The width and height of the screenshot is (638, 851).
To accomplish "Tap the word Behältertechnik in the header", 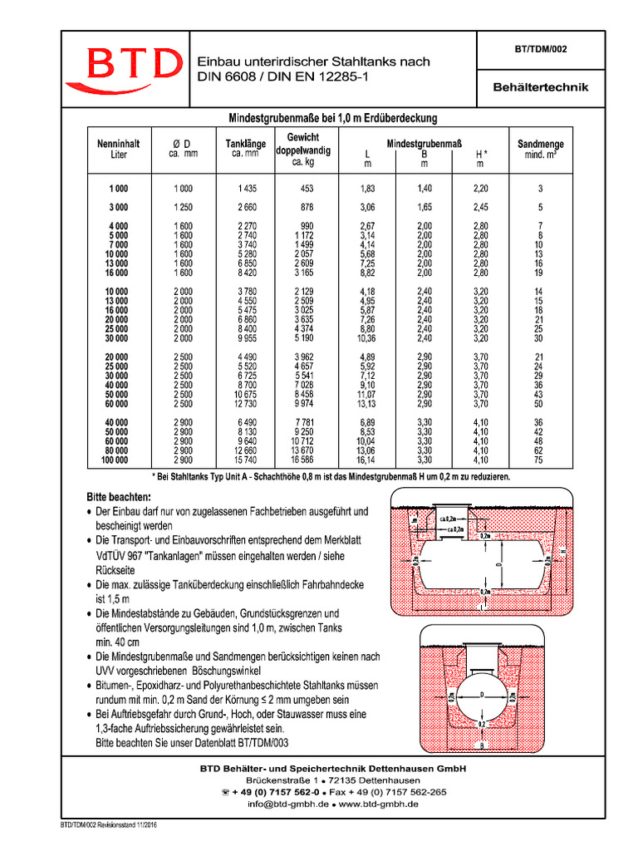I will tap(541, 86).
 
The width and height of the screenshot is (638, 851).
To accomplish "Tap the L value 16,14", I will tap(367, 460).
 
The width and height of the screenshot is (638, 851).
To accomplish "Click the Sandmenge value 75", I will tap(539, 460).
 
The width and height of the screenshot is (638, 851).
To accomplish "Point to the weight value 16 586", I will tap(303, 460).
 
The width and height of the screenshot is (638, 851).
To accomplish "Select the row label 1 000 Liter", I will tap(117, 189).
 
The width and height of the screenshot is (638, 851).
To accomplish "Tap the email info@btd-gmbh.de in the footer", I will tap(281, 804).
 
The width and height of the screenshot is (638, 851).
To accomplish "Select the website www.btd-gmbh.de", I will tap(379, 804).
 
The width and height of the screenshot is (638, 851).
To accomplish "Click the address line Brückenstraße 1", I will tap(283, 781).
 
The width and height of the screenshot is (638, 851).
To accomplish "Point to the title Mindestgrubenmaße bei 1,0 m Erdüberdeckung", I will tap(333, 118).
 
